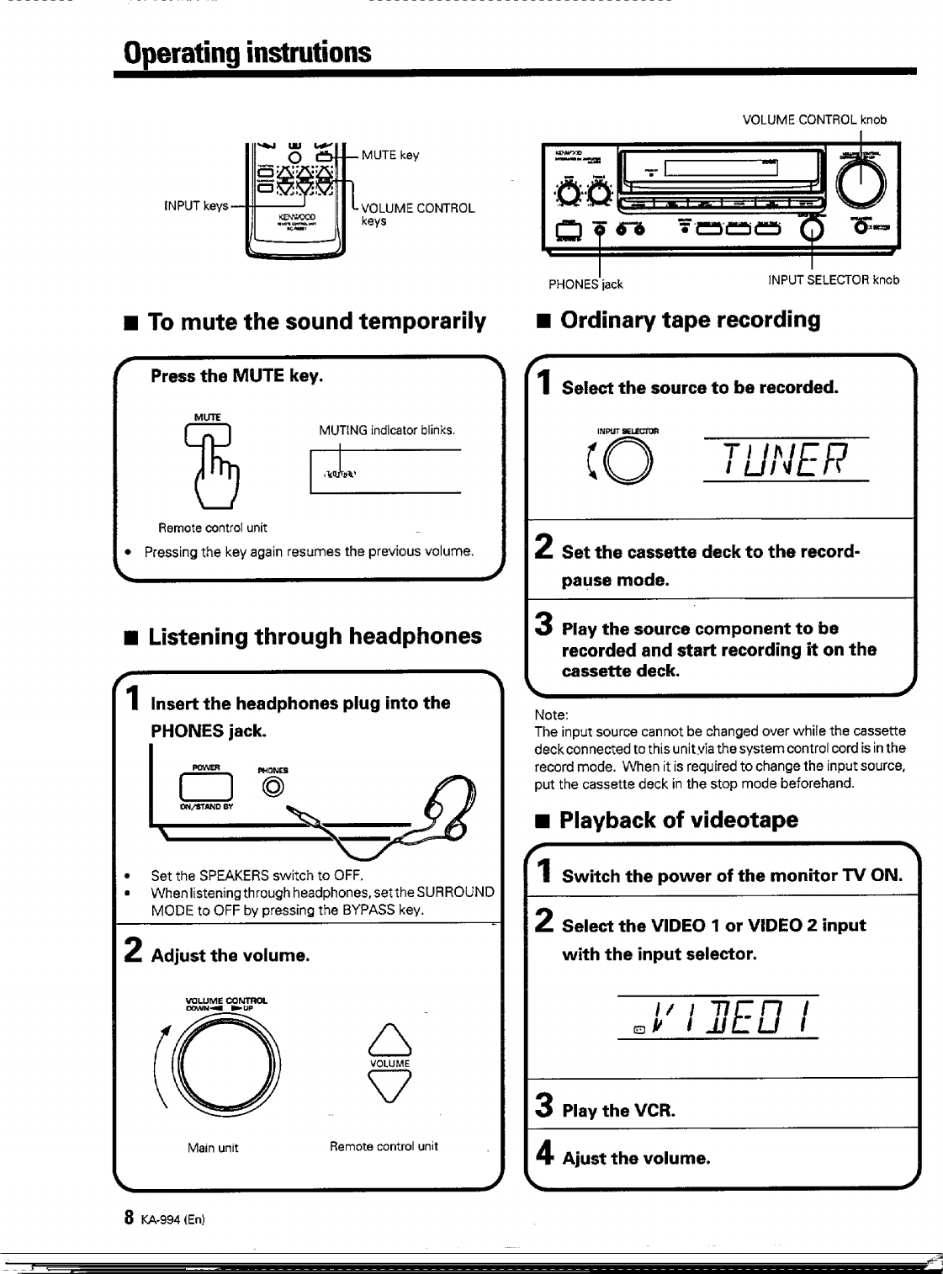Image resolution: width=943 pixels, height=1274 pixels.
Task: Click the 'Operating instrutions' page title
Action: click(x=246, y=52)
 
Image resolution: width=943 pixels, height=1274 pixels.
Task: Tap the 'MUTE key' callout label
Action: click(x=389, y=155)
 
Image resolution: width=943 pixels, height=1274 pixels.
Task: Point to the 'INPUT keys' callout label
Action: click(x=196, y=205)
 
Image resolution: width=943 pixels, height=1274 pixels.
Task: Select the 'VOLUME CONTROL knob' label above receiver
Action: click(x=814, y=119)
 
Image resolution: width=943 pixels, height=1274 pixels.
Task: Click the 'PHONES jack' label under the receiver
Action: click(x=585, y=284)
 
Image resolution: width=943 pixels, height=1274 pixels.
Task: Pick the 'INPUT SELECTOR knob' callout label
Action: click(x=834, y=279)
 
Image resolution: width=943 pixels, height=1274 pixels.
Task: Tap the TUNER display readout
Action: click(x=785, y=459)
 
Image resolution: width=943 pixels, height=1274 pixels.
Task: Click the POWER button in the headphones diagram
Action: click(x=205, y=786)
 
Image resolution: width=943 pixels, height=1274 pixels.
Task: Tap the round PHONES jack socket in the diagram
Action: click(x=273, y=787)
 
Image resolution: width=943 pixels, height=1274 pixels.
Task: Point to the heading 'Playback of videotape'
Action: click(x=678, y=820)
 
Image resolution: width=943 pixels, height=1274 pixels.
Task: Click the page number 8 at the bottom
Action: click(x=129, y=1217)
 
